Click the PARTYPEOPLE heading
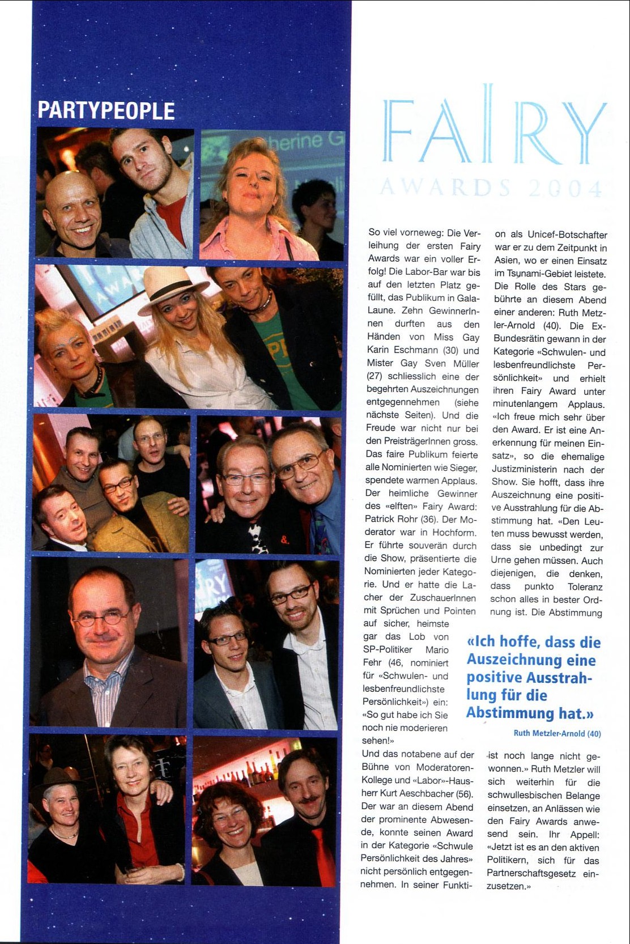click(106, 110)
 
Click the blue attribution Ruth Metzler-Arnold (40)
click(557, 733)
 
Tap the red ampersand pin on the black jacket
click(284, 540)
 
